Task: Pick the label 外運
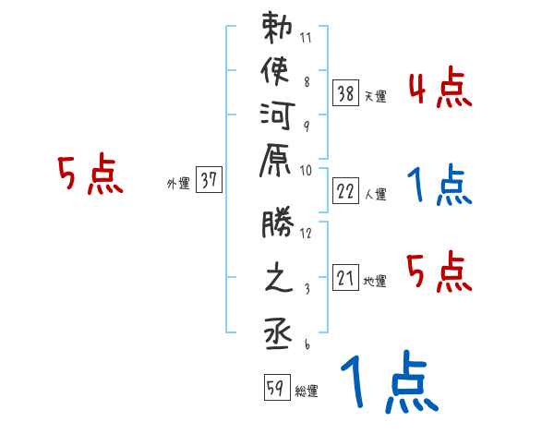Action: pos(178,183)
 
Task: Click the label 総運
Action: pos(307,392)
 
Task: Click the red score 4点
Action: pos(440,90)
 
